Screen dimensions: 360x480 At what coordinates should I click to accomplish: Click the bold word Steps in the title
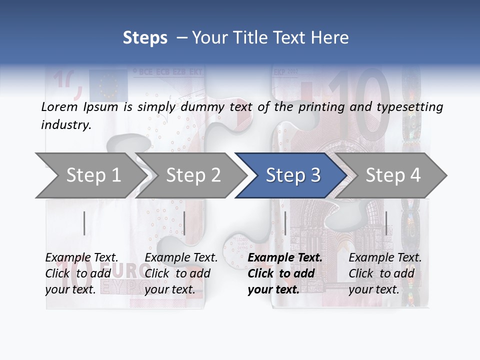pyautogui.click(x=145, y=38)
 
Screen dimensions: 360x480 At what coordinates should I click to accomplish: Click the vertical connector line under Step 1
pyautogui.click(x=84, y=223)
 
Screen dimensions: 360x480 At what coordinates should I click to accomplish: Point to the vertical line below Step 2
pyautogui.click(x=184, y=223)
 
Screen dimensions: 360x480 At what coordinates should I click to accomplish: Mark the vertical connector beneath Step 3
pyautogui.click(x=285, y=223)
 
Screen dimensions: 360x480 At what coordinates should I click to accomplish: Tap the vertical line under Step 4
pyautogui.click(x=386, y=223)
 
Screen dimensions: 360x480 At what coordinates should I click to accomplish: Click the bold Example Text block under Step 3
pyautogui.click(x=285, y=273)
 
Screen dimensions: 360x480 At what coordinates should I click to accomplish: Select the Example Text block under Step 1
pyautogui.click(x=82, y=273)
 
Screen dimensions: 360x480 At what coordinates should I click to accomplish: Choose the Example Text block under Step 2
pyautogui.click(x=181, y=273)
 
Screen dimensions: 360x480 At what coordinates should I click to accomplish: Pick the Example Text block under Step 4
pyautogui.click(x=385, y=273)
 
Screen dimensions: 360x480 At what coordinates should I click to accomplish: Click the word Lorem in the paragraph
pyautogui.click(x=59, y=107)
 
